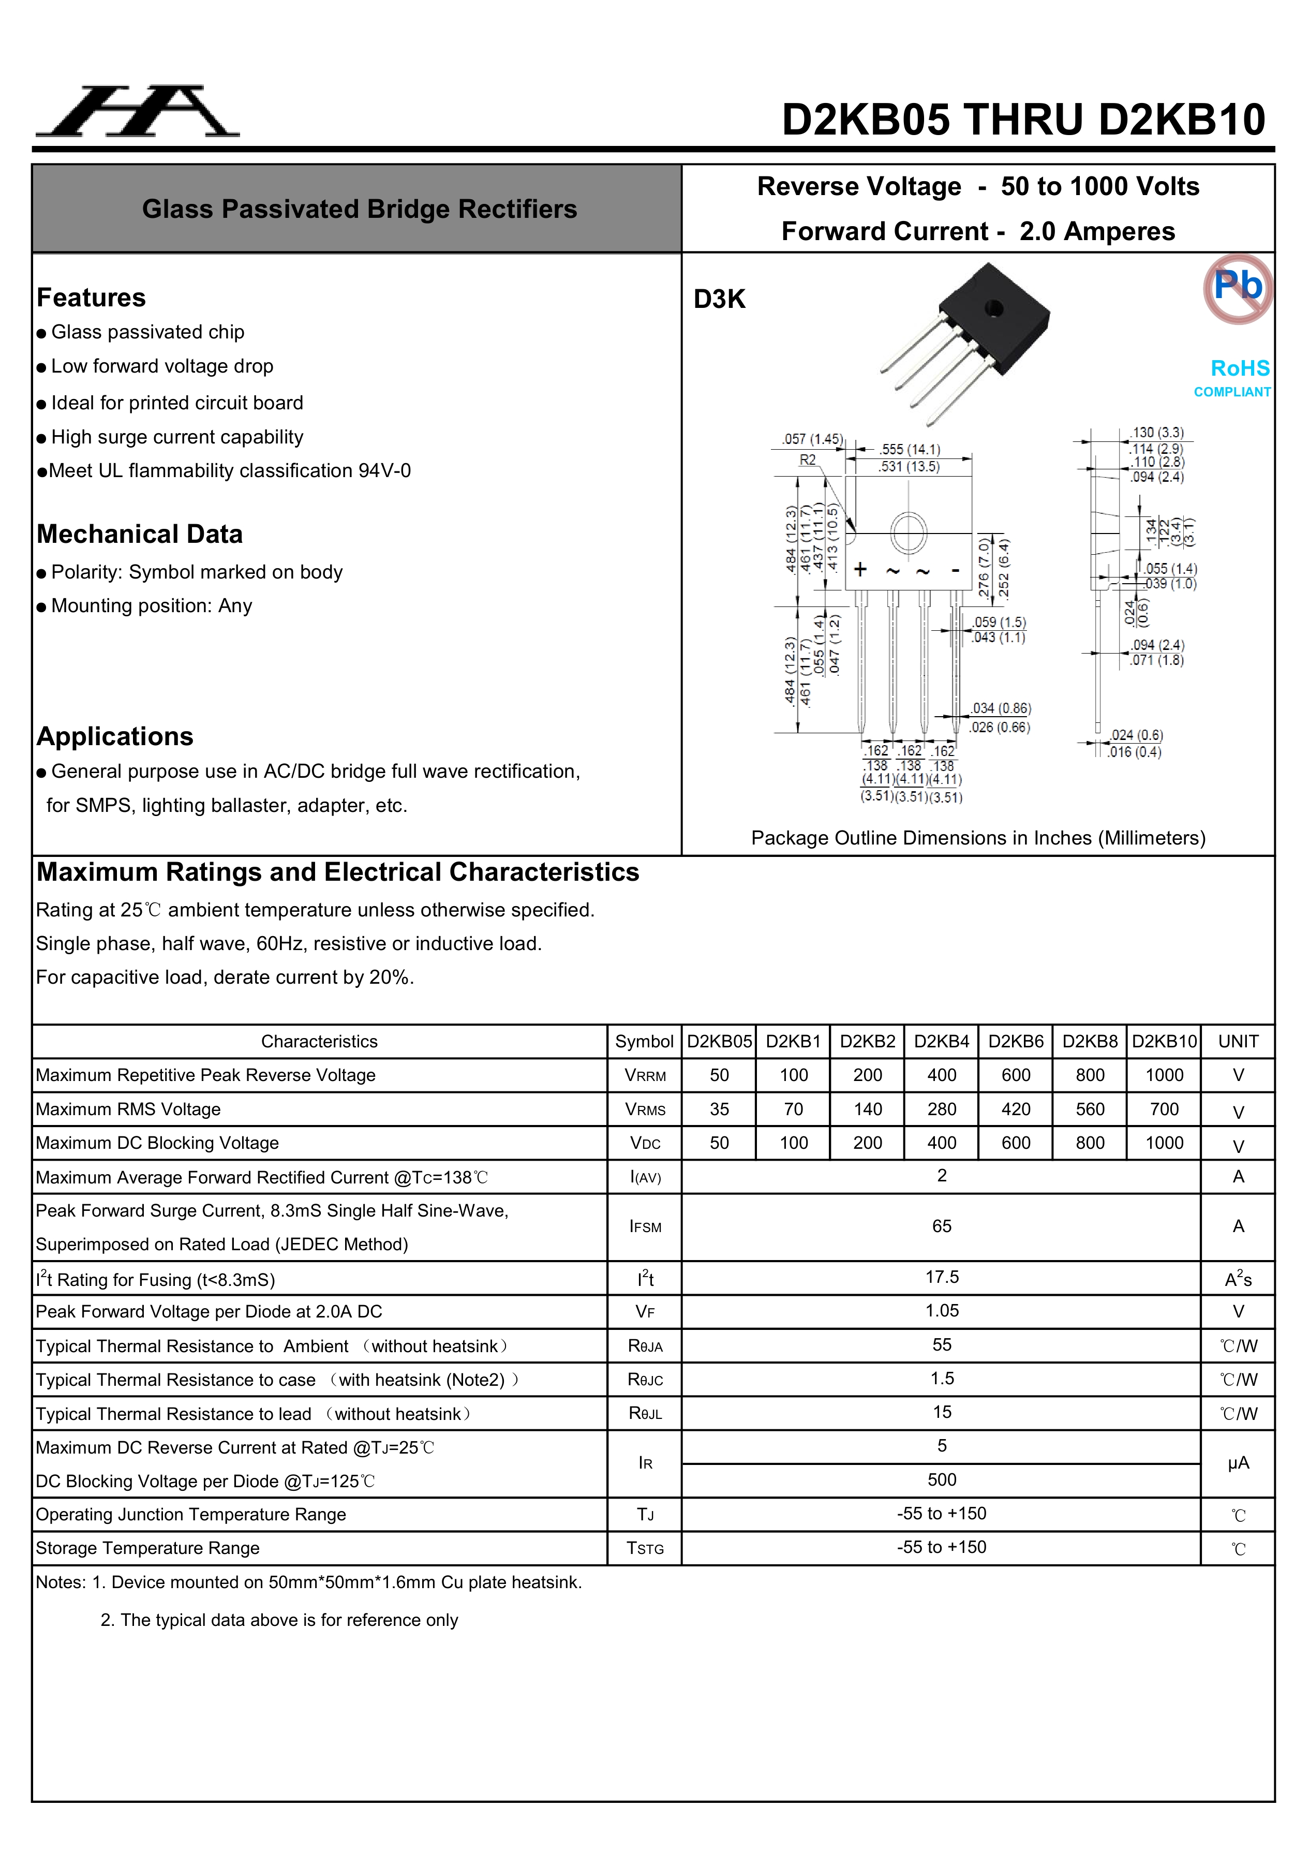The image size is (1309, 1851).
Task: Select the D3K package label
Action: (x=719, y=299)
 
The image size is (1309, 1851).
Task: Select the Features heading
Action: (x=91, y=298)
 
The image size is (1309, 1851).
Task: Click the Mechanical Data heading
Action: (x=140, y=534)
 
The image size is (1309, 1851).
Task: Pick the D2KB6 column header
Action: (x=1016, y=1042)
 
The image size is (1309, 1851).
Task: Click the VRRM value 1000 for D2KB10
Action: (x=1164, y=1075)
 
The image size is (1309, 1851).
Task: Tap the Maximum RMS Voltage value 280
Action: (x=942, y=1109)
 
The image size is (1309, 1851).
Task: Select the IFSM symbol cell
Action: (x=645, y=1227)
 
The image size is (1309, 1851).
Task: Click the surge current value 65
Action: (x=942, y=1226)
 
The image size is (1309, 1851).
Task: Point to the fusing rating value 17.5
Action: (x=942, y=1277)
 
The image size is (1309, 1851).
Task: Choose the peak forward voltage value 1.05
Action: (x=942, y=1311)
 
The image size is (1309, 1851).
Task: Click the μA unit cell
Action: (x=1238, y=1463)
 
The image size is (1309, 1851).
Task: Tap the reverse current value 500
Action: (x=942, y=1479)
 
